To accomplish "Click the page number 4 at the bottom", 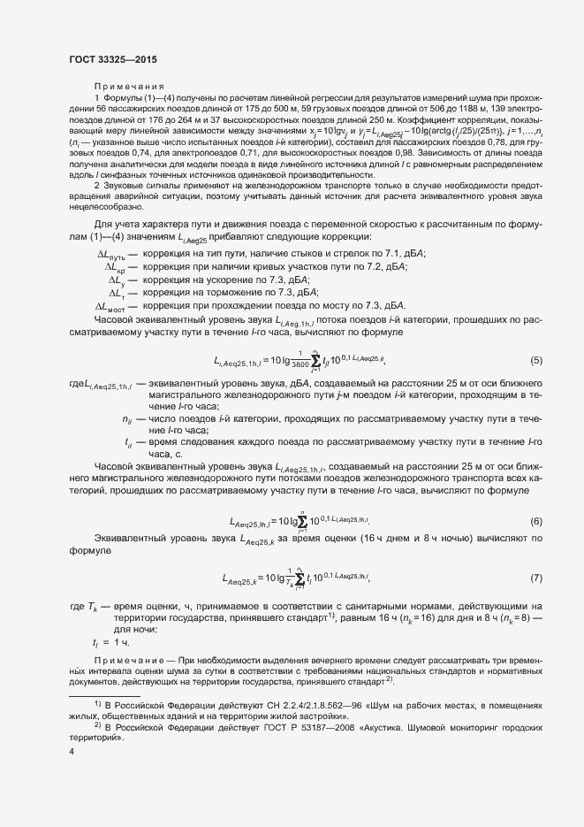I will click(71, 752).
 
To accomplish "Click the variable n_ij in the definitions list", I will click(126, 392).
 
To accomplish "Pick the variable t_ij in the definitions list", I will click(128, 415).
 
